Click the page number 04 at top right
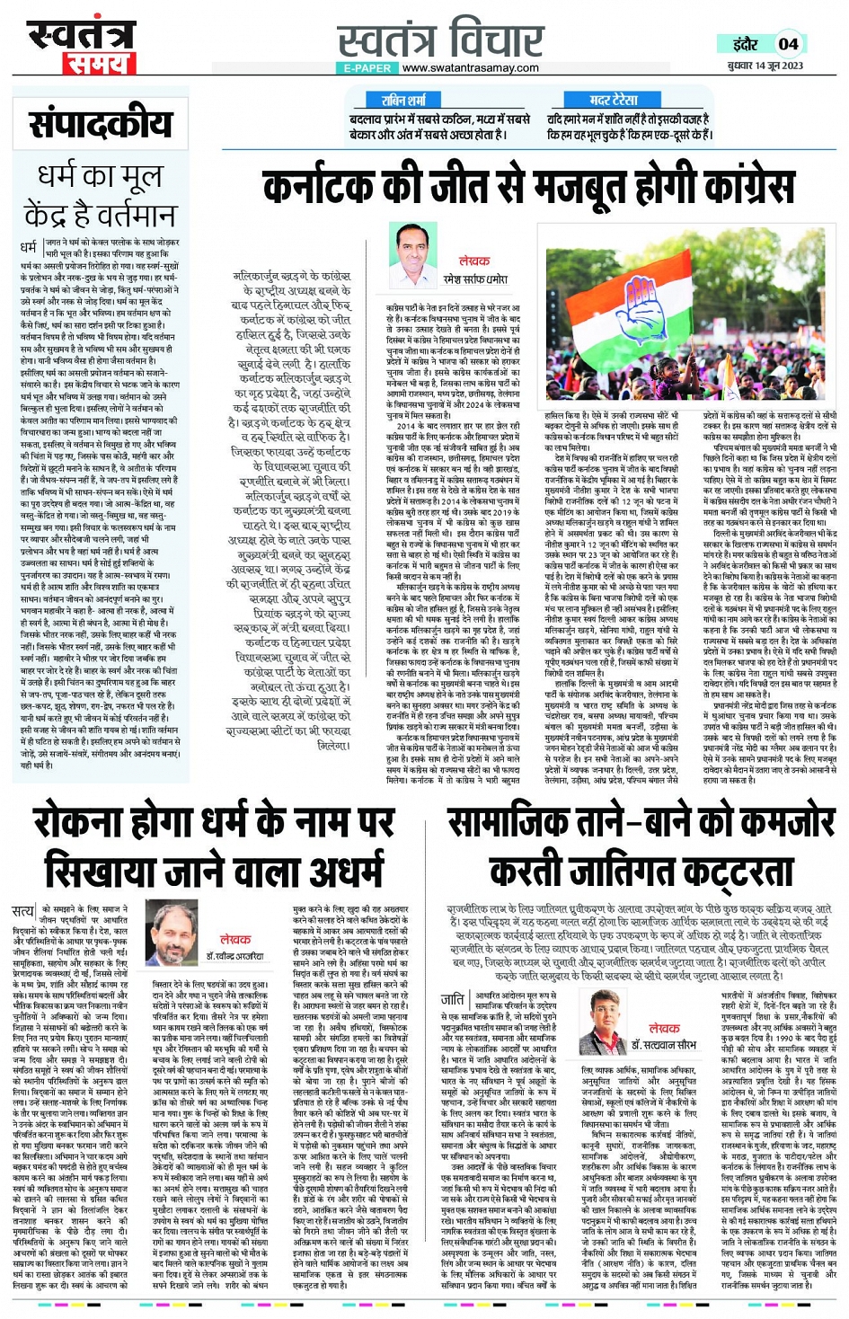tap(788, 43)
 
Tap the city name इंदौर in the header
tap(746, 44)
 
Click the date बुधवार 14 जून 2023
tap(766, 66)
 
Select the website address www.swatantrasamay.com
tap(471, 67)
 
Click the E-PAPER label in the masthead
tap(367, 67)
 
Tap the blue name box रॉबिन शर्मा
tap(403, 101)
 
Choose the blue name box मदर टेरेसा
tap(614, 101)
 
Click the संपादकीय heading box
tap(100, 125)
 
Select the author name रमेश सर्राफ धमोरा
tap(474, 279)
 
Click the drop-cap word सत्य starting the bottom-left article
tap(23, 912)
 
